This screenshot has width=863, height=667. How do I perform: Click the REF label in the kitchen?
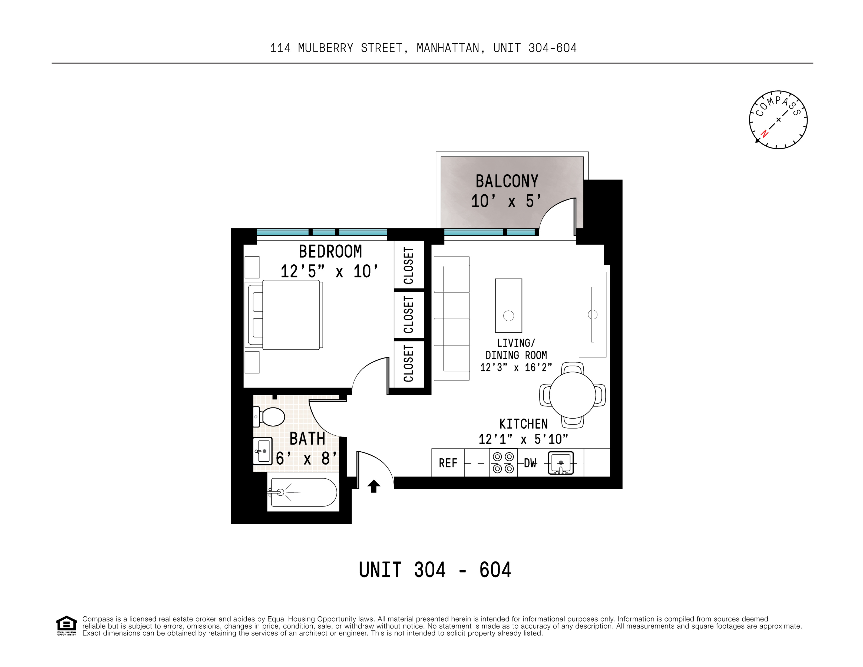pyautogui.click(x=448, y=463)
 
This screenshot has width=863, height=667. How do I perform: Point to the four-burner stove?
pyautogui.click(x=503, y=463)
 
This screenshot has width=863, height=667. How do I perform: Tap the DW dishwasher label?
pyautogui.click(x=530, y=463)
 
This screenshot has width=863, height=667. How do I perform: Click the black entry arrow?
pyautogui.click(x=374, y=486)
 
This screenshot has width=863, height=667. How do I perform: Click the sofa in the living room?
pyautogui.click(x=452, y=318)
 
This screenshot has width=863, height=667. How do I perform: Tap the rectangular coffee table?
pyautogui.click(x=508, y=305)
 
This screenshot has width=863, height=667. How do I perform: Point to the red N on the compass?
pyautogui.click(x=765, y=134)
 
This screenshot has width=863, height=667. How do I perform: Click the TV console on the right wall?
pyautogui.click(x=592, y=314)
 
